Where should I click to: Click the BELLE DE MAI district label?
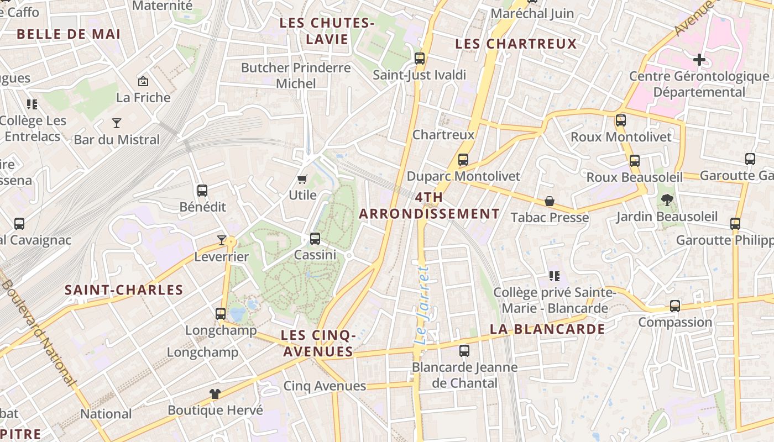[69, 34]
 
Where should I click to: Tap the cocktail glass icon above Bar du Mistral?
[117, 123]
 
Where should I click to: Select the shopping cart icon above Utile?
[302, 179]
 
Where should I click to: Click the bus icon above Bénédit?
[202, 191]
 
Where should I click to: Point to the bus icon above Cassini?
[315, 239]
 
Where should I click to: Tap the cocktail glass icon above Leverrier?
[222, 240]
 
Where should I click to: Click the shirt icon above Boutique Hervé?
[215, 394]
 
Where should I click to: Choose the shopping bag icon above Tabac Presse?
[550, 201]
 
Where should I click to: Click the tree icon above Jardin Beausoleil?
[667, 200]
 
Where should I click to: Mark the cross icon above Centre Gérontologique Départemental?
[699, 59]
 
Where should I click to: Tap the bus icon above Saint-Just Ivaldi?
[420, 58]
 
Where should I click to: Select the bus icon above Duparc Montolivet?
[463, 160]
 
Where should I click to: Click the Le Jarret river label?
[422, 306]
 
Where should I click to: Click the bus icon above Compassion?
[675, 306]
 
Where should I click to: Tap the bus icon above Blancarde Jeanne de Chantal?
[464, 350]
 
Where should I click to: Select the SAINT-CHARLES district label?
[124, 290]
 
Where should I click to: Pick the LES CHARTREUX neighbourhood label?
[516, 44]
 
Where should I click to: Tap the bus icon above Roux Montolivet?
[621, 120]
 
